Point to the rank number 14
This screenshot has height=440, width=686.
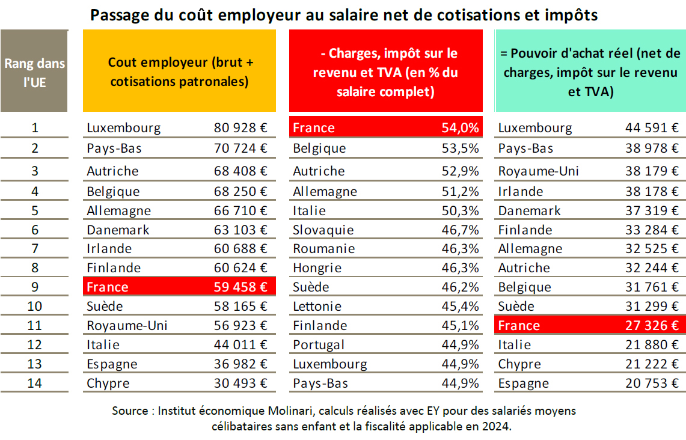[x=35, y=383]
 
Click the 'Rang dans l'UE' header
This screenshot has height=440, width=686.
[x=34, y=72]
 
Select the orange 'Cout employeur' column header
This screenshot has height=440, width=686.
[x=179, y=72]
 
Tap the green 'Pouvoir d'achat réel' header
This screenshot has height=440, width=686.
[x=590, y=72]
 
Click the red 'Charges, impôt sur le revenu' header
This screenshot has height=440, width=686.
[x=385, y=72]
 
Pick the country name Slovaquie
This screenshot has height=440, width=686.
[x=323, y=230]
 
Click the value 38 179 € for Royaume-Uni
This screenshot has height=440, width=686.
[x=652, y=171]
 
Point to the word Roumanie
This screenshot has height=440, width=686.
[x=324, y=249]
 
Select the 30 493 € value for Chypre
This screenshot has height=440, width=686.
[x=240, y=383]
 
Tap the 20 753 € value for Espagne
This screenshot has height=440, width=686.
[x=652, y=383]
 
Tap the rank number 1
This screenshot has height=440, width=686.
[x=35, y=128]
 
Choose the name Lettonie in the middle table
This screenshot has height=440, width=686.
[x=317, y=306]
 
